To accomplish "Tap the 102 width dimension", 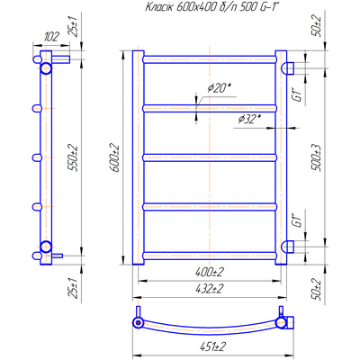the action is tap(51, 37).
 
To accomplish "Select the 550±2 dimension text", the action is tap(74, 158).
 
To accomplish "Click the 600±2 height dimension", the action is tap(115, 158).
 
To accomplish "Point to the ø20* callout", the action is tap(219, 88).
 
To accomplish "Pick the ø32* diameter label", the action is tap(249, 120).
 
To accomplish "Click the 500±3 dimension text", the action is tap(317, 158).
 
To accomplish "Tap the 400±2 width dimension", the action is tap(210, 272).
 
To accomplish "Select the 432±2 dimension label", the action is tap(210, 289).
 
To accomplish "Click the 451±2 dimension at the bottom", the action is tap(212, 346).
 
